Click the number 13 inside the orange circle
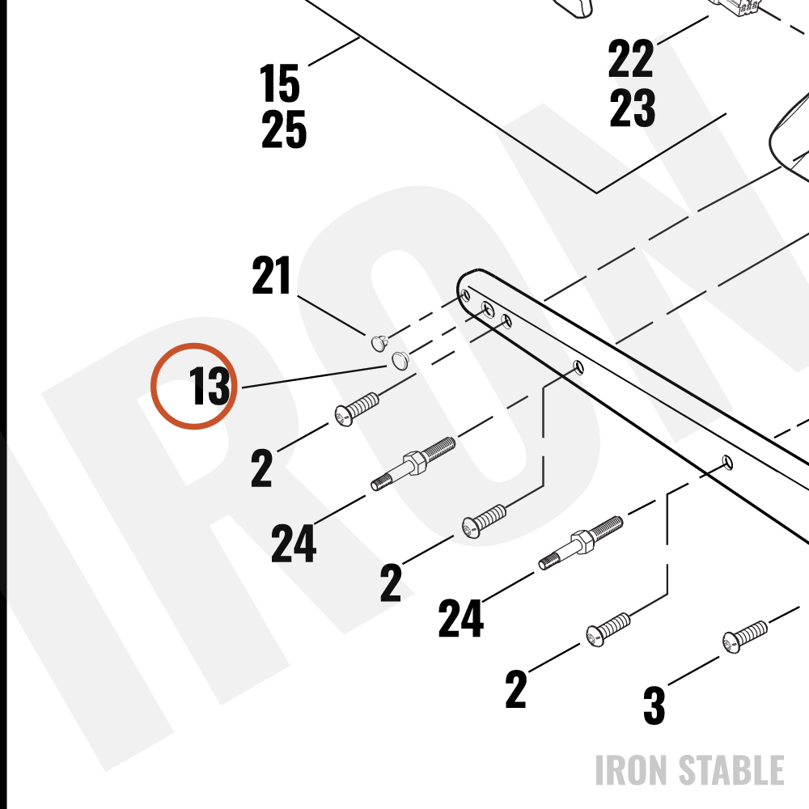coord(210,386)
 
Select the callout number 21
coord(271,276)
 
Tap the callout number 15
coord(279,83)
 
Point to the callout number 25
coord(284,129)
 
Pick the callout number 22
coord(630,58)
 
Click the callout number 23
coord(633,108)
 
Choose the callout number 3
coord(654,705)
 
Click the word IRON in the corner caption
coord(633,770)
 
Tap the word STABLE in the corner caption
coord(731,770)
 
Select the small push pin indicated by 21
coord(379,342)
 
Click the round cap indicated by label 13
coord(400,360)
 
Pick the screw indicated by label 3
coord(744,636)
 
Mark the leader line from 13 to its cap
coord(314,377)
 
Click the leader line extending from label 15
coord(334,51)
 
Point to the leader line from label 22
coord(683,30)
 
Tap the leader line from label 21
coord(332,315)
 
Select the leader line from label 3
coord(694,671)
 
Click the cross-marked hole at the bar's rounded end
coord(488,309)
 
